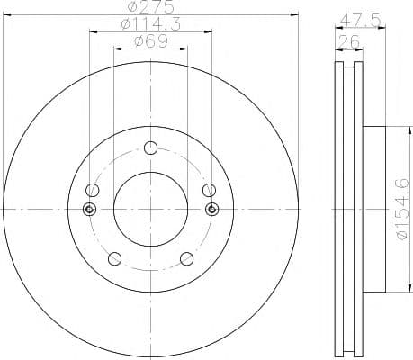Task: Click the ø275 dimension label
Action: click(x=149, y=9)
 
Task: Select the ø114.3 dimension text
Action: click(x=149, y=25)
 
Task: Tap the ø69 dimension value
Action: click(x=149, y=41)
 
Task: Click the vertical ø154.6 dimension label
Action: click(x=402, y=208)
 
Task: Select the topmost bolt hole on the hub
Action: click(x=150, y=149)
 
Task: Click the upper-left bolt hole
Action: click(x=92, y=190)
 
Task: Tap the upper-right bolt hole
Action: click(x=209, y=190)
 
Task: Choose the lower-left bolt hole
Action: click(x=113, y=259)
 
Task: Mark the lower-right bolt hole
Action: click(x=186, y=259)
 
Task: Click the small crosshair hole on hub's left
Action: click(x=88, y=210)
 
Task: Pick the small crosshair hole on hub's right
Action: click(x=212, y=210)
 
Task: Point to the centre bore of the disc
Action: click(x=150, y=209)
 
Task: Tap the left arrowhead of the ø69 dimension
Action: click(x=115, y=49)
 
